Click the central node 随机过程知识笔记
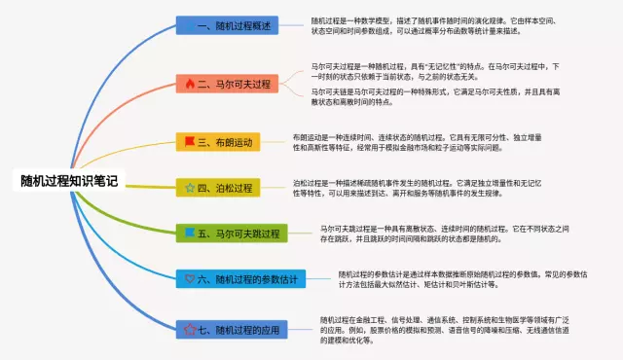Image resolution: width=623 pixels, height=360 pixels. [x=69, y=181]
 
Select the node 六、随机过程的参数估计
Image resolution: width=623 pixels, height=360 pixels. [x=242, y=280]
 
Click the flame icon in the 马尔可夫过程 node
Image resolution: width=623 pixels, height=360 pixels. [x=190, y=85]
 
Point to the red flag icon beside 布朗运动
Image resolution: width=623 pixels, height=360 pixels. [x=190, y=142]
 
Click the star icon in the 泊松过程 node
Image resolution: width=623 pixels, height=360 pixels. [x=190, y=186]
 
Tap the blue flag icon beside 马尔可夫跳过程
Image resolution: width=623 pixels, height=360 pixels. [x=190, y=234]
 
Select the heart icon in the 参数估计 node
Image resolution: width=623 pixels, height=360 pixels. [x=190, y=280]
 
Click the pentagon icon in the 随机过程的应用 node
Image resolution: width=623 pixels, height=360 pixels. [x=190, y=330]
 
